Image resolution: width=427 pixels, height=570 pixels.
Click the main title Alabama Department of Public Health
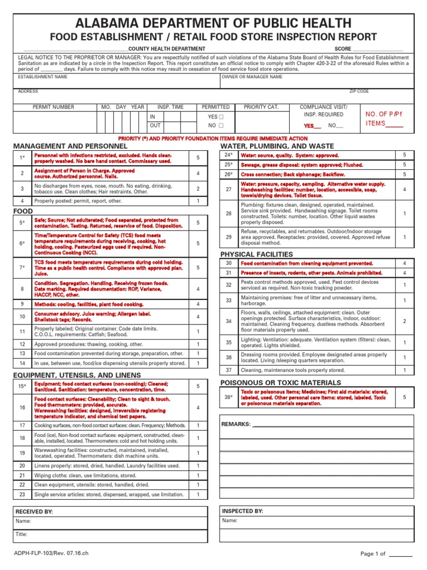tap(213, 23)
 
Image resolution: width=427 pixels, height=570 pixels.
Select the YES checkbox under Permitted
tap(221, 117)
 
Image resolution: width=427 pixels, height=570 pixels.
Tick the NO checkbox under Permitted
tap(221, 126)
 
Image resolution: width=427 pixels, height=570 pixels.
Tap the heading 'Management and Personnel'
tap(70, 146)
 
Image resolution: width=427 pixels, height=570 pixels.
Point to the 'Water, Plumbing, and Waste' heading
tap(277, 146)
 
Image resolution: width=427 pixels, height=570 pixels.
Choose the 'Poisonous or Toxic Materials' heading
tap(281, 383)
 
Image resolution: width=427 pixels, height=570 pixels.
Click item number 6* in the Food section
tap(22, 243)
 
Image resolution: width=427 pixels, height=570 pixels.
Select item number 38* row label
tap(228, 397)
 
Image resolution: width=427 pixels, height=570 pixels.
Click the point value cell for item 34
tap(404, 321)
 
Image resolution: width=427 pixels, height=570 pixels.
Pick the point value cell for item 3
tap(197, 189)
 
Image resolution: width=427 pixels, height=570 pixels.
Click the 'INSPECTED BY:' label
tap(242, 511)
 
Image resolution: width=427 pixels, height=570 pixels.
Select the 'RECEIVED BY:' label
tap(34, 511)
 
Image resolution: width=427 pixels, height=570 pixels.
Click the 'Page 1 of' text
tap(373, 554)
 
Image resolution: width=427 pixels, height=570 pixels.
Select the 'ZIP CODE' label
tap(359, 91)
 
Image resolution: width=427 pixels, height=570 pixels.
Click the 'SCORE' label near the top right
tap(342, 49)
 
